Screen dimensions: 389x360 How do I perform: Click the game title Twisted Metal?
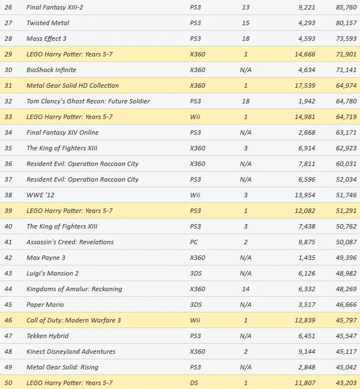click(x=47, y=23)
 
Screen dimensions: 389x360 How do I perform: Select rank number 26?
click(x=8, y=7)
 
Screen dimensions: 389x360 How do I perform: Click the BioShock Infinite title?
click(x=51, y=70)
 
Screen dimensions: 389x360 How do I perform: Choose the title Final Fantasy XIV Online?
click(x=63, y=132)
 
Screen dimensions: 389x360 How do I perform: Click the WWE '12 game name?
click(x=40, y=195)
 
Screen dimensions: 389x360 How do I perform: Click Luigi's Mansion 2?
click(x=53, y=273)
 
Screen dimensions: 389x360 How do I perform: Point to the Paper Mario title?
click(x=45, y=305)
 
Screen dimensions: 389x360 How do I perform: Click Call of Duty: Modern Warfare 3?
click(x=74, y=320)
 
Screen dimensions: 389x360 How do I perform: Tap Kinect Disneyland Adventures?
click(x=71, y=352)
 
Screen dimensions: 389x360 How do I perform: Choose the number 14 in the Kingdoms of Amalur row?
click(x=247, y=289)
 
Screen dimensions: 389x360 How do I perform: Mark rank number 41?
click(x=8, y=242)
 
